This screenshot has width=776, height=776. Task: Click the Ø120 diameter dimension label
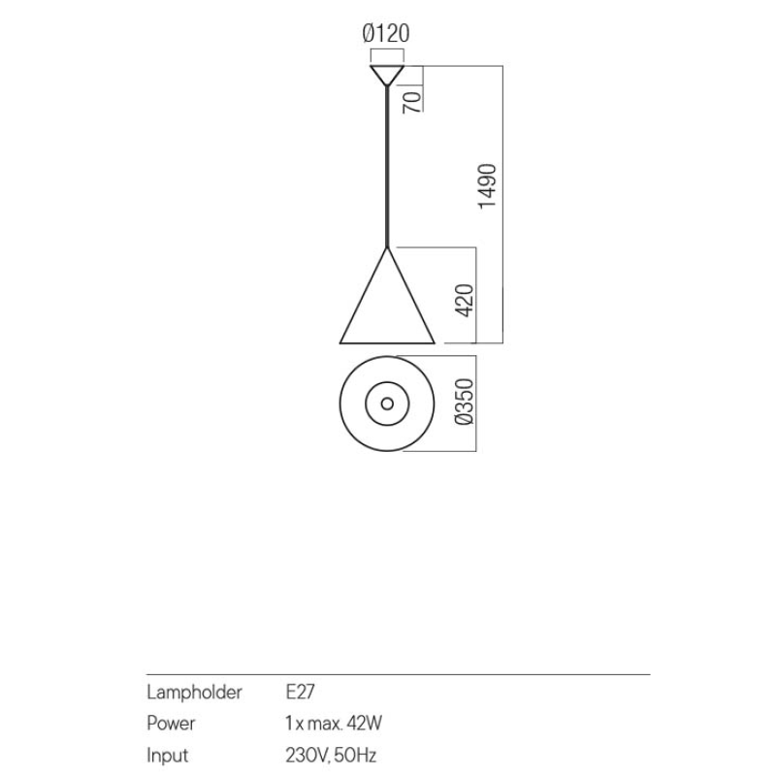click(x=386, y=34)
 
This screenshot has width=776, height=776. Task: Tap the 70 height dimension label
click(x=412, y=102)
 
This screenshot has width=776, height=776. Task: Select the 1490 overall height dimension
click(x=488, y=186)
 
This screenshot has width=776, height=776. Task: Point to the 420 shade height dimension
click(x=465, y=301)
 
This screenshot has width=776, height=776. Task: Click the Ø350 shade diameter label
click(x=465, y=402)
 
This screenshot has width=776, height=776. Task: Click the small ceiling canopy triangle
click(x=387, y=76)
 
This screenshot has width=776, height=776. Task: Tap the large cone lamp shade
click(x=387, y=297)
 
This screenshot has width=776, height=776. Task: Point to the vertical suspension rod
click(x=387, y=167)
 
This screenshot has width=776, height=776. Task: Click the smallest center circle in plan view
click(x=387, y=404)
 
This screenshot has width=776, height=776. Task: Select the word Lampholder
click(x=195, y=692)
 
